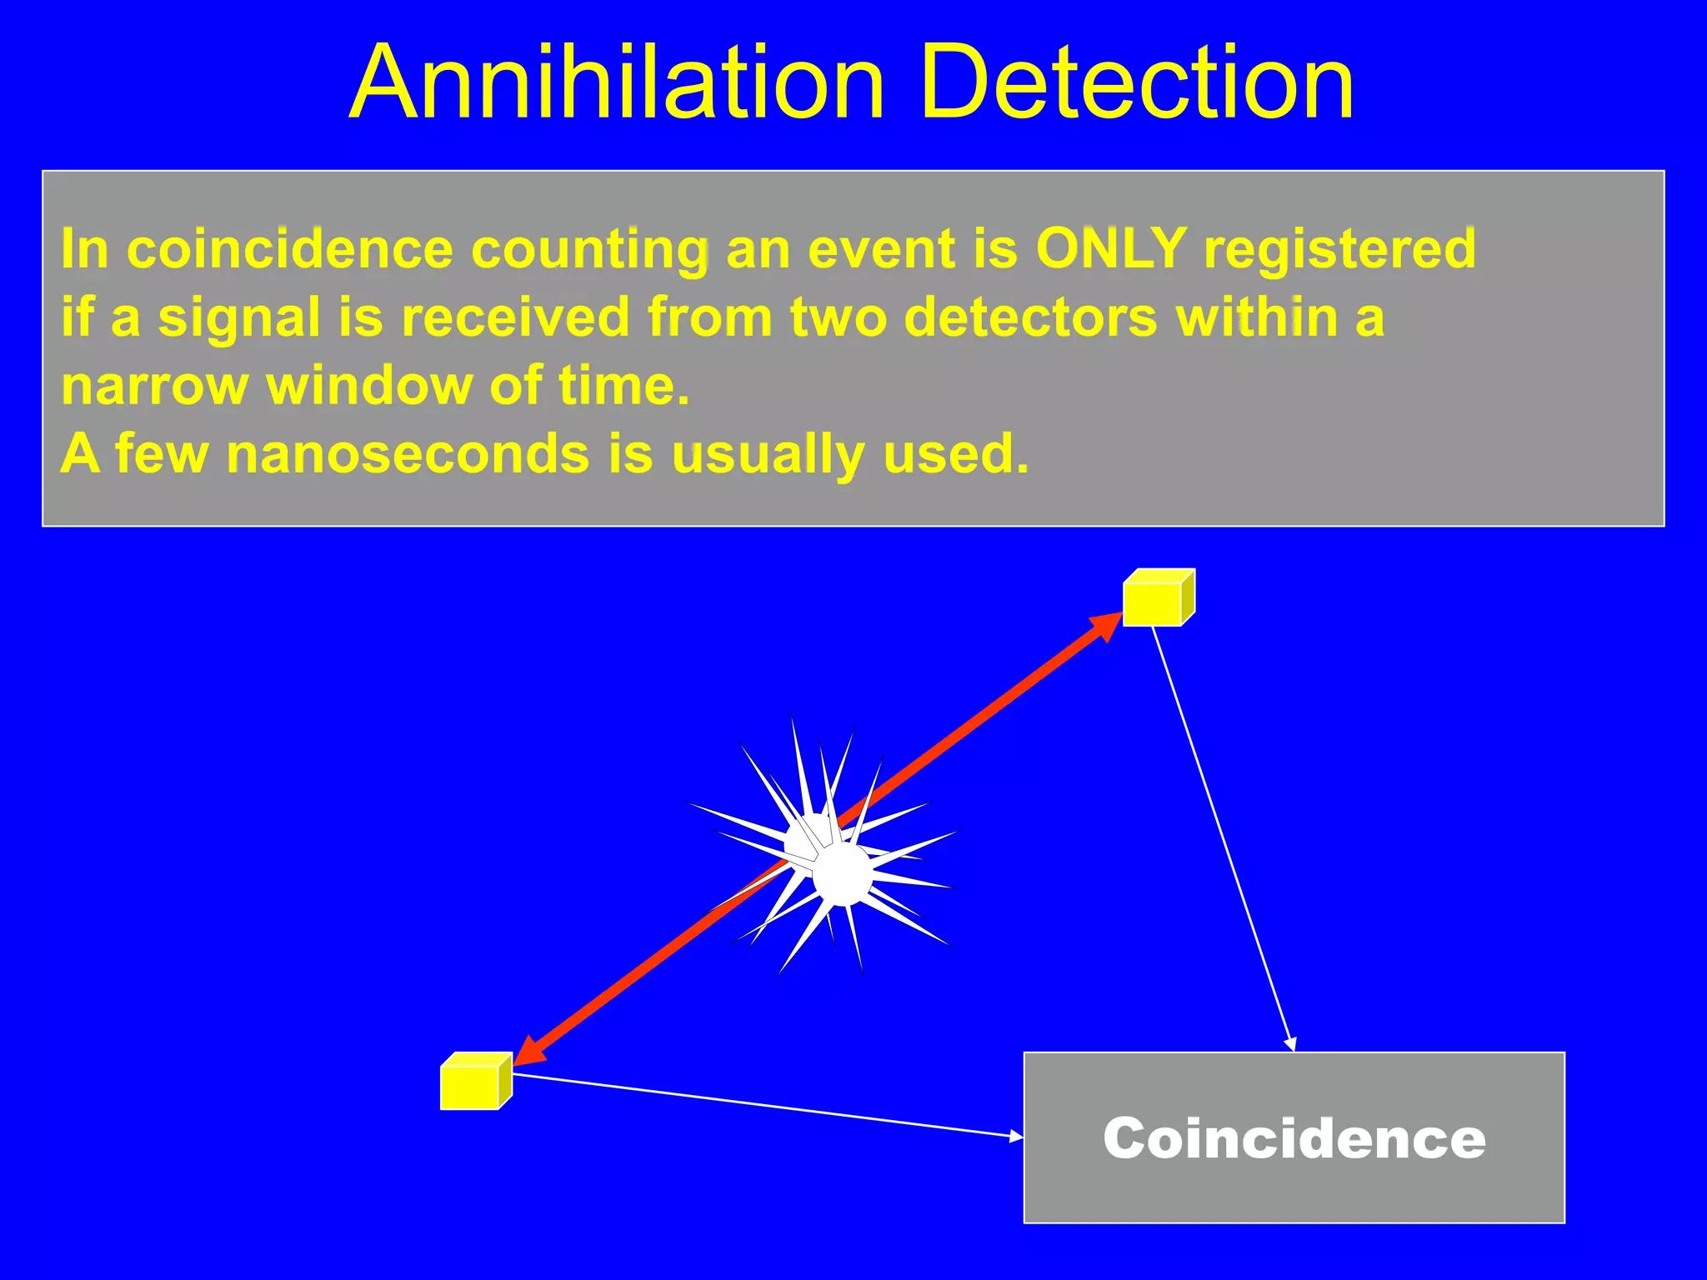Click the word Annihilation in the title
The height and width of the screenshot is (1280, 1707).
coord(617,83)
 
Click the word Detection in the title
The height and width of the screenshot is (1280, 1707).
coord(1138,83)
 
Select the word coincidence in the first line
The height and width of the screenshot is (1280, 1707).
coord(290,248)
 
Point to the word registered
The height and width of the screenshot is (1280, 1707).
coord(1340,248)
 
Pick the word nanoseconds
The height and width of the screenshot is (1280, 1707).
coord(408,454)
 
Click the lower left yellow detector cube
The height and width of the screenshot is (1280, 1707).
coord(473,1082)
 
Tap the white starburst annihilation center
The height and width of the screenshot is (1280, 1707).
coord(840,872)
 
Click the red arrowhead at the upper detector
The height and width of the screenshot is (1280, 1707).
coord(1109,624)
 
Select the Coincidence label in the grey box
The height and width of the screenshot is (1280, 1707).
coord(1294,1138)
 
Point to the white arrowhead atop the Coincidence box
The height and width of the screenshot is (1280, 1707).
coord(1291,1045)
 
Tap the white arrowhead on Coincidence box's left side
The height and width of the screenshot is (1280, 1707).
coord(1016,1136)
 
